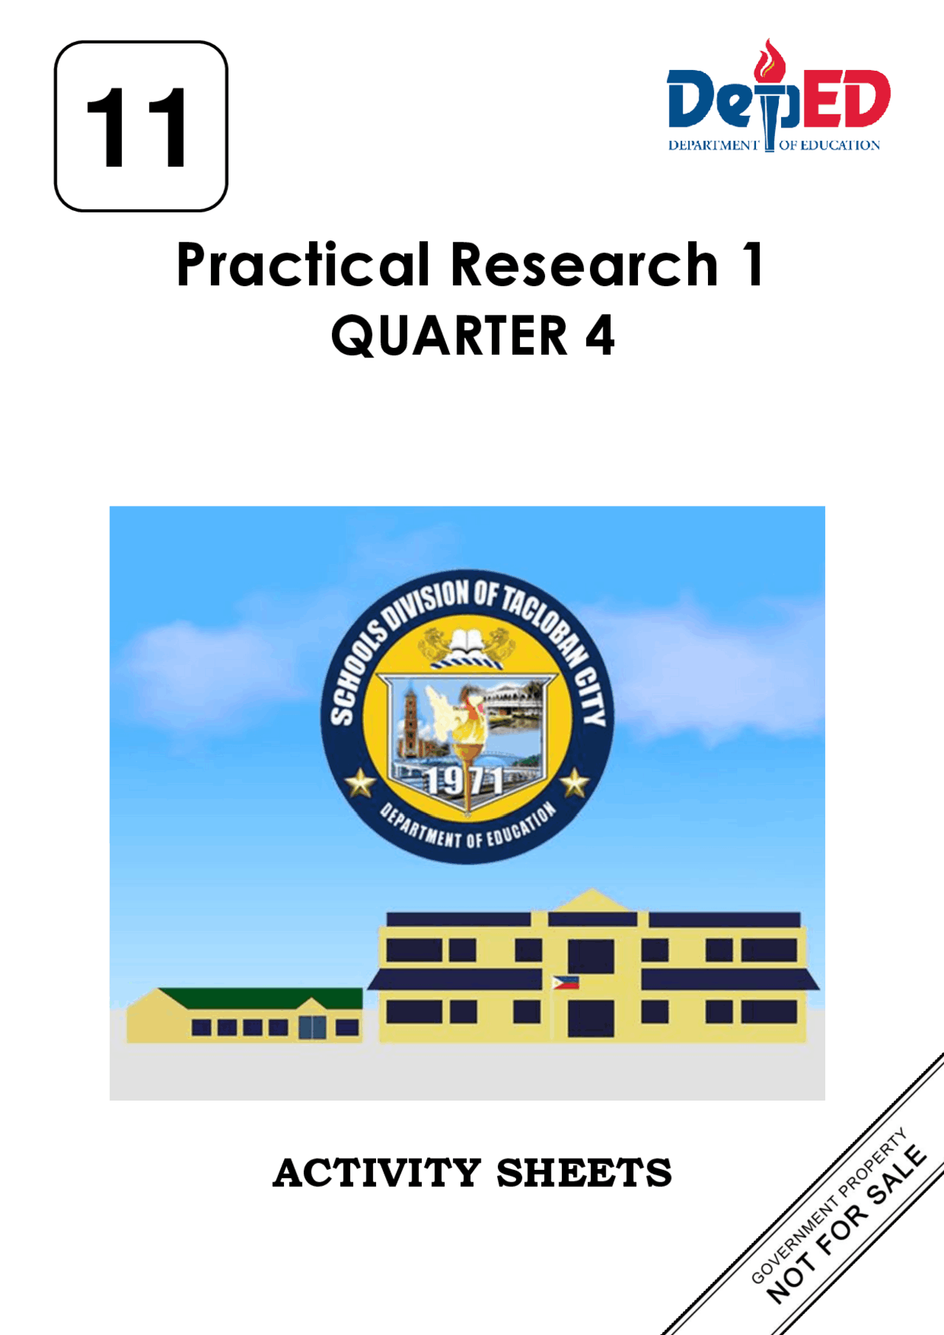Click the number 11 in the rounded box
(137, 127)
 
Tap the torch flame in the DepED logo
(770, 60)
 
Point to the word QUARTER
(449, 335)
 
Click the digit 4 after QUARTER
(600, 335)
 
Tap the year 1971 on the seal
(465, 781)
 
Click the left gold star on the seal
(361, 783)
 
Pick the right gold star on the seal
(575, 783)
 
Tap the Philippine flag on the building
(566, 982)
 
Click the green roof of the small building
(261, 997)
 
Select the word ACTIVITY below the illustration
(377, 1173)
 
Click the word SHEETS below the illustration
(584, 1173)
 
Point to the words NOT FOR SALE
(847, 1224)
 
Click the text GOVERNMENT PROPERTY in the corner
(828, 1206)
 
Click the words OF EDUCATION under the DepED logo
(830, 145)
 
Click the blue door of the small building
(312, 1027)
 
